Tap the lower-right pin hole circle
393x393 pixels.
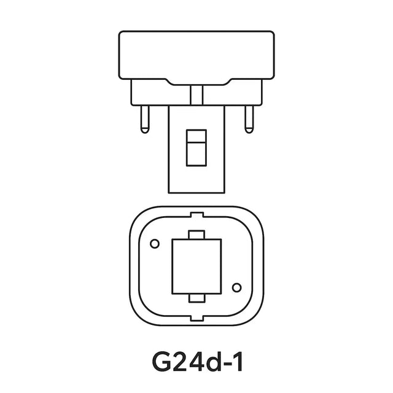[235, 286]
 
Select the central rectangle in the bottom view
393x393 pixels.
[196, 265]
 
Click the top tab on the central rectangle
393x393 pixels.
[196, 235]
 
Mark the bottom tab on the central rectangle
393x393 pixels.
[196, 297]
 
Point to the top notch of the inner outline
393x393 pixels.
[196, 216]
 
